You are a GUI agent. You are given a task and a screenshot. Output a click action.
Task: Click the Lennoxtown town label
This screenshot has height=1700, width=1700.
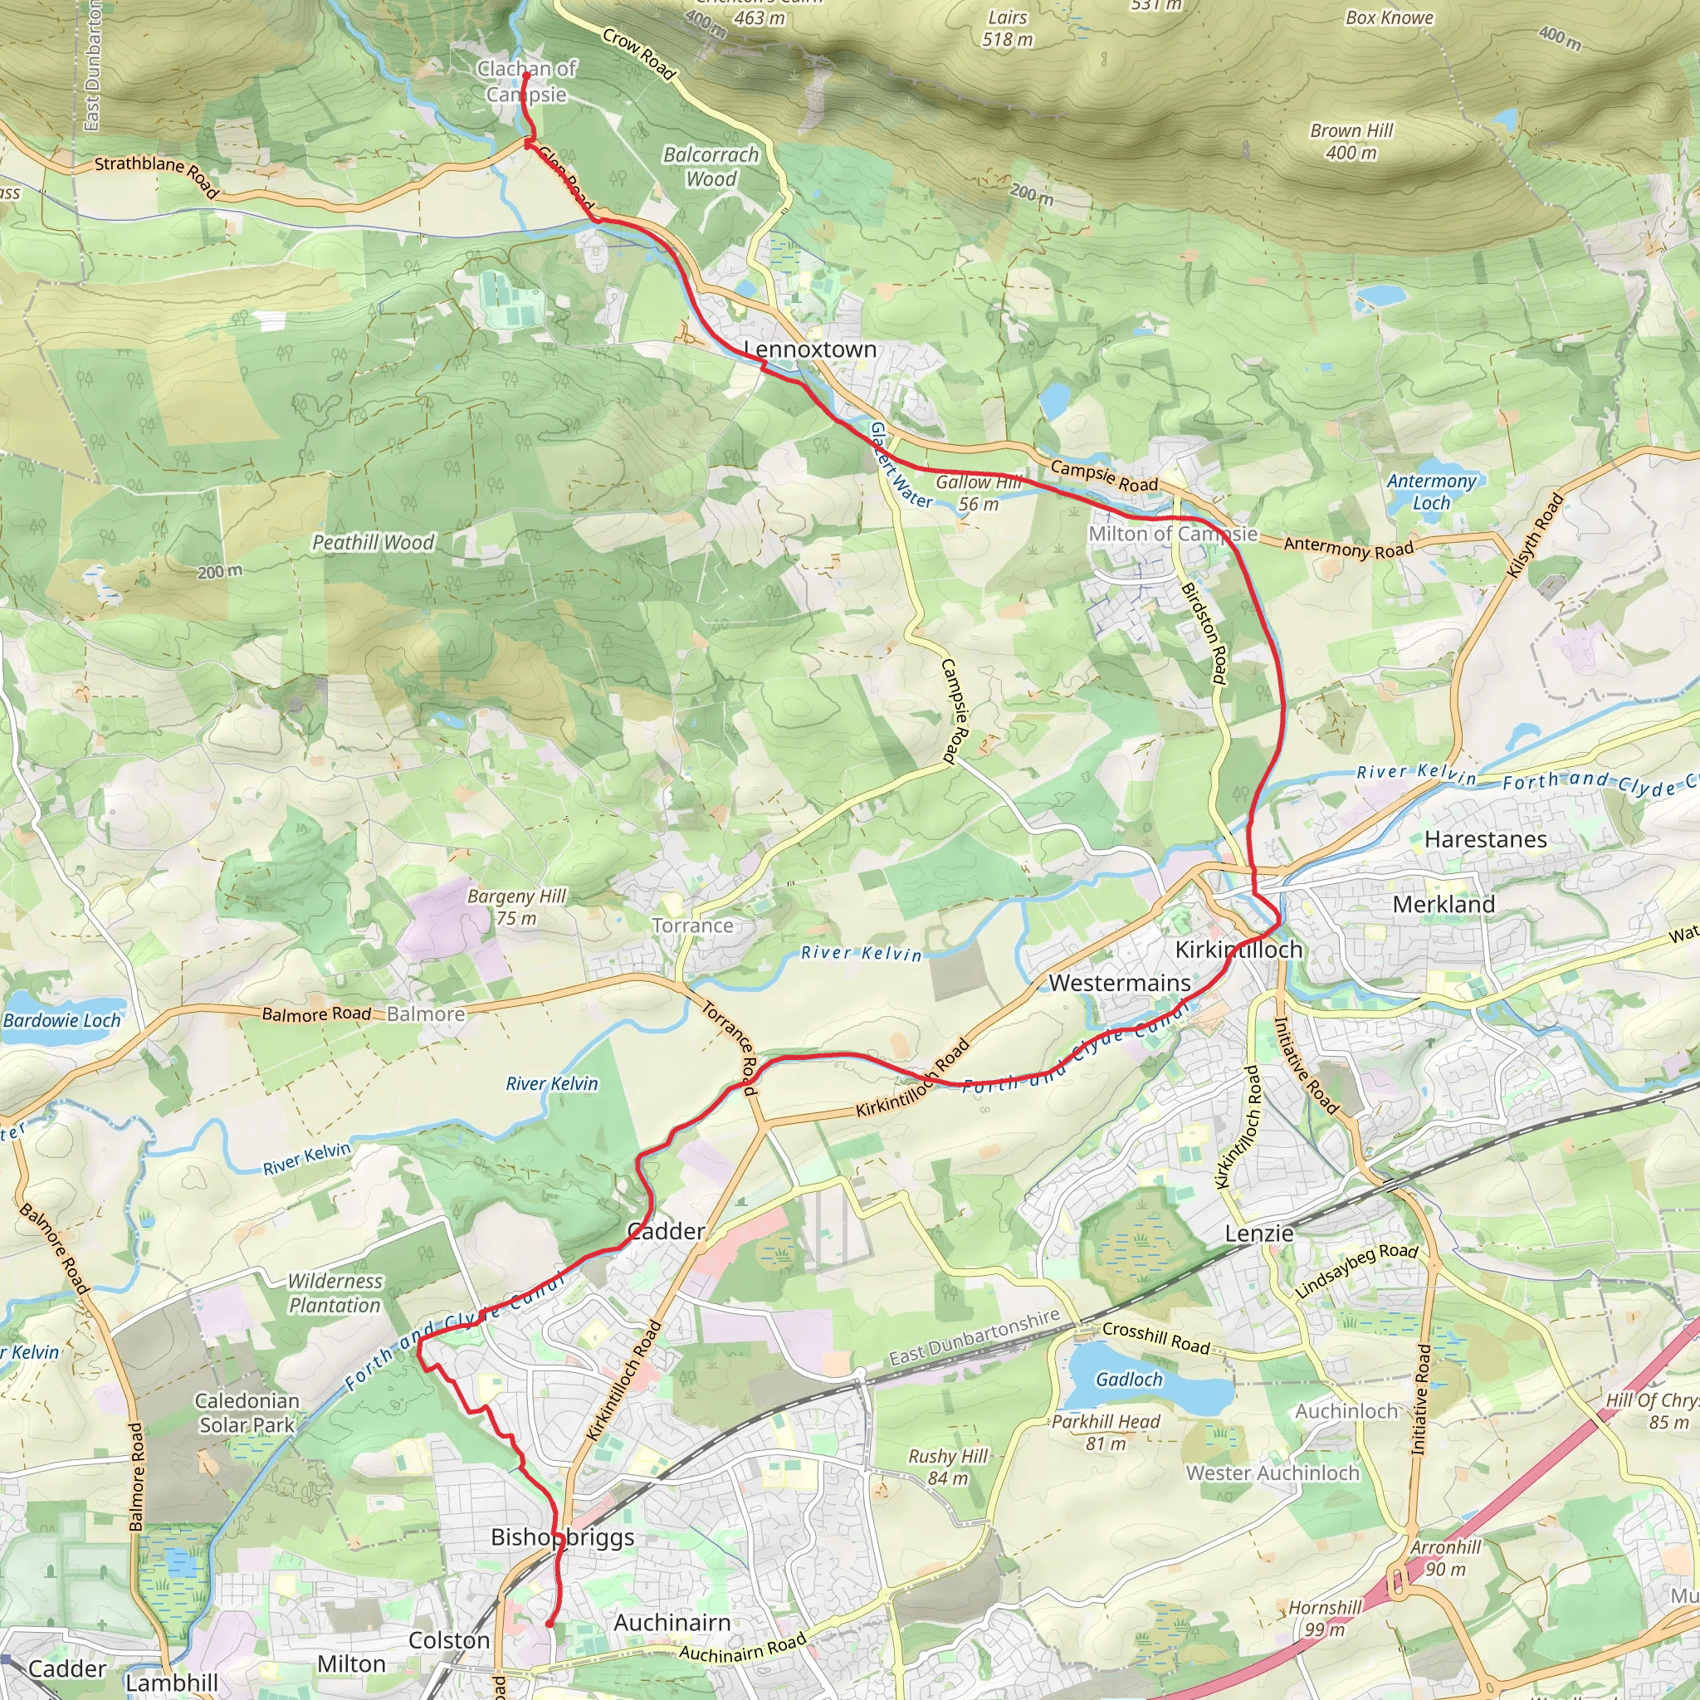809,349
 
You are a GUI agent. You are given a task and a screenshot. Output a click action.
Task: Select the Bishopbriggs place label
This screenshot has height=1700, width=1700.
562,1537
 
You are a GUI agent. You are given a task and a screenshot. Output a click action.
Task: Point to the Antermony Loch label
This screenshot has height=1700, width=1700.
1431,492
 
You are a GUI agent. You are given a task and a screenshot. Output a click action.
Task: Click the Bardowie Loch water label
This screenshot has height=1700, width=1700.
61,1021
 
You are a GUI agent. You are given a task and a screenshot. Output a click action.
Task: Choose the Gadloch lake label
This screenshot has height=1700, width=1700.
1129,1380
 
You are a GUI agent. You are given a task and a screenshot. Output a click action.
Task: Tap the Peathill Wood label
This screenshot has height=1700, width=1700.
373,543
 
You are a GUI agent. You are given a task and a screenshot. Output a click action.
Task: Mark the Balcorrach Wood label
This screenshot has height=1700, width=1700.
711,166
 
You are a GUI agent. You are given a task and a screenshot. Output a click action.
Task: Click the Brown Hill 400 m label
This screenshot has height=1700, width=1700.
1351,142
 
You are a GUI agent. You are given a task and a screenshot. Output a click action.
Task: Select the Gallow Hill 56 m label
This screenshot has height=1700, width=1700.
979,493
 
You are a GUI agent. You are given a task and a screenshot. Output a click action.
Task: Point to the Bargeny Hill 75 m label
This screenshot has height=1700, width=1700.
516,906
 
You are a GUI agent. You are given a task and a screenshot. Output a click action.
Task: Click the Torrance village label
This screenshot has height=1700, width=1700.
692,926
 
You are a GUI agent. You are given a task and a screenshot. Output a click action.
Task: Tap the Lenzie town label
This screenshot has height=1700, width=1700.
1259,1233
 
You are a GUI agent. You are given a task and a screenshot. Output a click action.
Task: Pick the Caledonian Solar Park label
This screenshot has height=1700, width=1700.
247,1412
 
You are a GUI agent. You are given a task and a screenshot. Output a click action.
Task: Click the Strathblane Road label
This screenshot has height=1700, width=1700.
157,174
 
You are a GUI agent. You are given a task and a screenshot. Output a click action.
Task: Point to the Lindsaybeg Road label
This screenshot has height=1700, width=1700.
1357,1271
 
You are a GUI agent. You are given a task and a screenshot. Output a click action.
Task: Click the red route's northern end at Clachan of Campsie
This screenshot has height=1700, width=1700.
526,74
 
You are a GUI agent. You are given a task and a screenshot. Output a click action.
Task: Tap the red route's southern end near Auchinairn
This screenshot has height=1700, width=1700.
549,1624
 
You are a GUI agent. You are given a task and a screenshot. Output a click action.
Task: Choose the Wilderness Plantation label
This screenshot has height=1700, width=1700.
335,1293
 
